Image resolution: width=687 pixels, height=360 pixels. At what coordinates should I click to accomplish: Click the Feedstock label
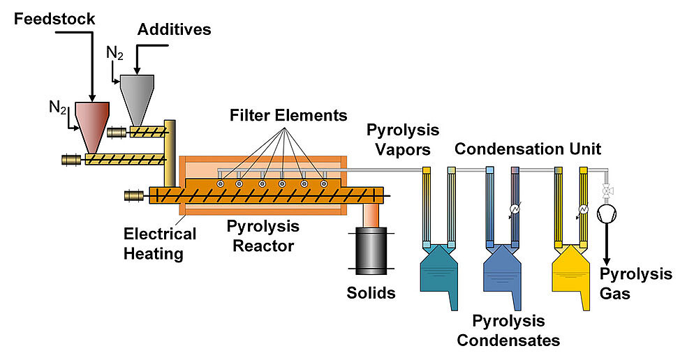click(54, 19)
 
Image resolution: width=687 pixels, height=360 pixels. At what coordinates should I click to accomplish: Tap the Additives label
click(174, 29)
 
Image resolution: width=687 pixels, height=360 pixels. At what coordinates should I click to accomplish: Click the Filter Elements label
click(288, 114)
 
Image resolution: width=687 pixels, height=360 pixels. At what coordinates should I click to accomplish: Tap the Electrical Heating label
click(160, 243)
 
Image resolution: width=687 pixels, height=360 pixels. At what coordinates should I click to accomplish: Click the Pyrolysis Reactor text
click(263, 236)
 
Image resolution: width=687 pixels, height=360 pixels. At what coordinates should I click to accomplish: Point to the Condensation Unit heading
click(528, 149)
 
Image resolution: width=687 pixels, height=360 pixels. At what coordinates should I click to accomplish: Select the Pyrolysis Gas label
click(635, 283)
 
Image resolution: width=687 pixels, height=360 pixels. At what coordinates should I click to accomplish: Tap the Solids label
click(371, 292)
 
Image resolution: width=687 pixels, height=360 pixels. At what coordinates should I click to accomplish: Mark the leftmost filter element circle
click(220, 183)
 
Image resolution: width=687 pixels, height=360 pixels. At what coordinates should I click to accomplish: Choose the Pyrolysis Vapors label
click(403, 138)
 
